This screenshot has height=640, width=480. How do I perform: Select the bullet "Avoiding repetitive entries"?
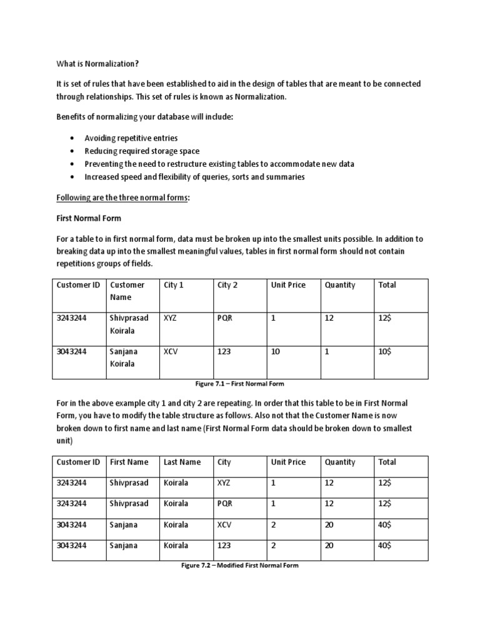click(131, 138)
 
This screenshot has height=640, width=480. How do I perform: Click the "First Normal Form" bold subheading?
click(89, 219)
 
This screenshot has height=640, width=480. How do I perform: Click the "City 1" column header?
click(174, 285)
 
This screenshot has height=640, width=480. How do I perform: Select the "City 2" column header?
click(227, 285)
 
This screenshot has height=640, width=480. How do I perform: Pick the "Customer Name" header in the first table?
click(127, 291)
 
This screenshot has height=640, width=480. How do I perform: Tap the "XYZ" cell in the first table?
click(170, 318)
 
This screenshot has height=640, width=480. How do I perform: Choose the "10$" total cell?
click(385, 352)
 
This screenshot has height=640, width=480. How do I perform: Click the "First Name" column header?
click(129, 462)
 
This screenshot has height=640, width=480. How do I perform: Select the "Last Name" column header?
click(182, 462)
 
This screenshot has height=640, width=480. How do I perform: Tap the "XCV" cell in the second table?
click(224, 525)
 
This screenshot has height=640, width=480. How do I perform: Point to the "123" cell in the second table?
click(224, 546)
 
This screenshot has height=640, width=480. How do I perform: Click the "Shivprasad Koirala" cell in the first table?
click(129, 324)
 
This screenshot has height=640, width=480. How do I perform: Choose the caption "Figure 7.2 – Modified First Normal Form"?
click(240, 566)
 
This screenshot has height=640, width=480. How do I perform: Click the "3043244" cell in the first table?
click(72, 352)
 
